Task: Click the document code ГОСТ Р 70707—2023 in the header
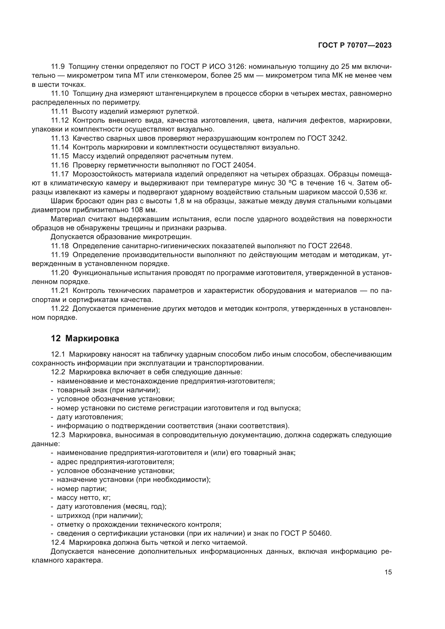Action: click(355, 45)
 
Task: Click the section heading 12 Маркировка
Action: click(85, 339)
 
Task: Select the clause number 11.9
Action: click(58, 67)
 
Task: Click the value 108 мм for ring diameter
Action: click(145, 210)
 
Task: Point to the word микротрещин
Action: click(167, 237)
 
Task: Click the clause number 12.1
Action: click(58, 354)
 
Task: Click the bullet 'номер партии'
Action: click(82, 489)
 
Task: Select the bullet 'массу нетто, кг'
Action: click(84, 497)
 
